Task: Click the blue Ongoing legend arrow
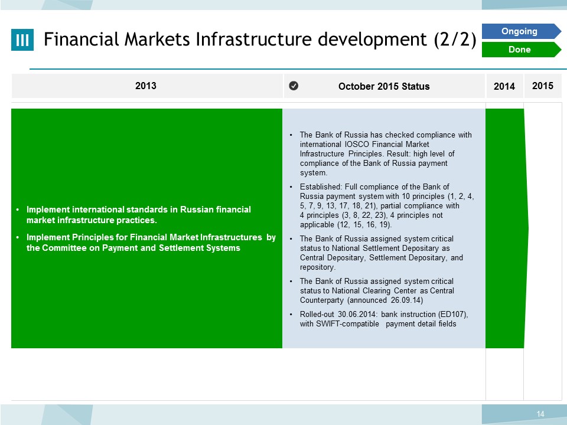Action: [521, 31]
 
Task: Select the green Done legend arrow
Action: [521, 50]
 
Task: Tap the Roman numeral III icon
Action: [22, 40]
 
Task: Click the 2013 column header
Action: [146, 86]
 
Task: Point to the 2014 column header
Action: [504, 86]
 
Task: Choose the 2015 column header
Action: [543, 86]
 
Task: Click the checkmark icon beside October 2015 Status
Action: [294, 86]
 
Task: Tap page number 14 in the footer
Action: [540, 414]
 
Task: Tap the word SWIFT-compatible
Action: [347, 324]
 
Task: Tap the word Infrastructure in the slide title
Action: [253, 39]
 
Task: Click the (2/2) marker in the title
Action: [455, 40]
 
